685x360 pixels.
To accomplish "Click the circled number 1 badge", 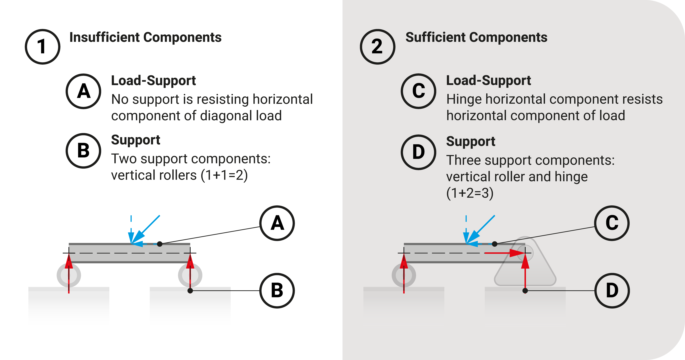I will pyautogui.click(x=43, y=47).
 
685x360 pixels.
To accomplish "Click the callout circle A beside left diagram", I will pyautogui.click(x=277, y=223).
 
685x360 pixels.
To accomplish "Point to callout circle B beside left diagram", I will pyautogui.click(x=277, y=290).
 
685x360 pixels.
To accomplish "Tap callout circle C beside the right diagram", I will pyautogui.click(x=612, y=223).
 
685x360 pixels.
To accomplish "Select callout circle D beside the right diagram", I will pyautogui.click(x=612, y=290).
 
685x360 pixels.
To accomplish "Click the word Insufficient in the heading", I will pyautogui.click(x=105, y=37).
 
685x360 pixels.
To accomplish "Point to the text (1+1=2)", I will pyautogui.click(x=224, y=175).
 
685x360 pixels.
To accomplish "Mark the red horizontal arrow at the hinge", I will pyautogui.click(x=503, y=253).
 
